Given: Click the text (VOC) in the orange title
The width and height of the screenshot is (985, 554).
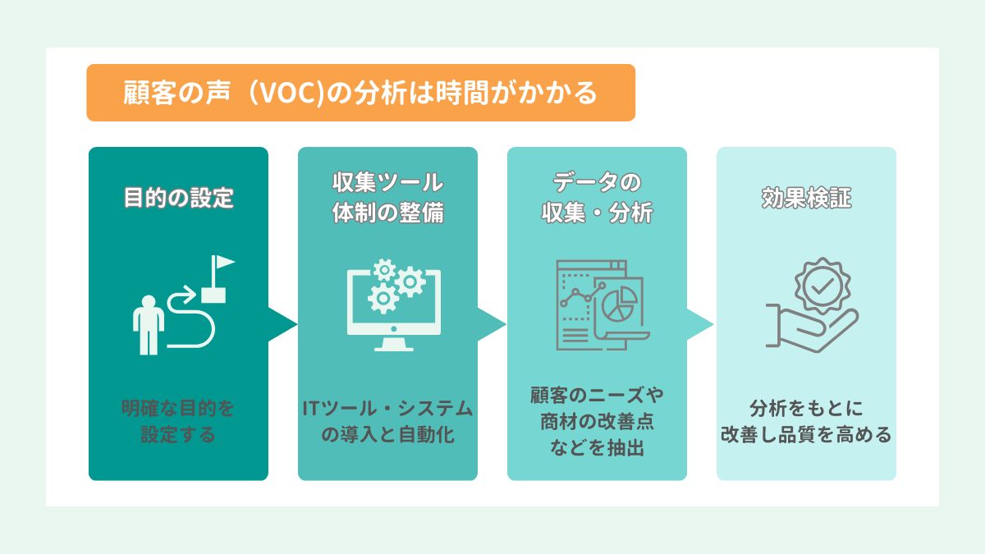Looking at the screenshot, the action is [286, 94].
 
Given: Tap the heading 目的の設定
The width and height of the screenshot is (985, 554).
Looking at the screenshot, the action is [179, 198].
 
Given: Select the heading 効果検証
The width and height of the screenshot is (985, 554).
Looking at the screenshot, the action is [806, 198].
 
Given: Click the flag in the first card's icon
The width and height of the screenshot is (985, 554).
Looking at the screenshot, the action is [223, 262].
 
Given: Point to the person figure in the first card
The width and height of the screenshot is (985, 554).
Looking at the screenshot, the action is [149, 325].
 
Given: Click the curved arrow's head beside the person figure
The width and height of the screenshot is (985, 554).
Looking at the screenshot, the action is [190, 294].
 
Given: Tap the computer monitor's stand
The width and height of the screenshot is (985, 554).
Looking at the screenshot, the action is [393, 344].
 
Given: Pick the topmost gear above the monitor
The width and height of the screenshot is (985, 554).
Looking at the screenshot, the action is [385, 270].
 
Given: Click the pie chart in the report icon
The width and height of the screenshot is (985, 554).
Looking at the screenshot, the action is [619, 304].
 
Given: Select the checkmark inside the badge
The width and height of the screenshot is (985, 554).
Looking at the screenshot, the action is [822, 286].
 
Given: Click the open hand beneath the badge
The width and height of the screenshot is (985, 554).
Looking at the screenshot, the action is [812, 328].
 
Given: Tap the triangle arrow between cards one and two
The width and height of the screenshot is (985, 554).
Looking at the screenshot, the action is [282, 324].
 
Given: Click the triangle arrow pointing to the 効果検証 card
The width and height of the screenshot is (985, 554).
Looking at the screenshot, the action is [700, 324].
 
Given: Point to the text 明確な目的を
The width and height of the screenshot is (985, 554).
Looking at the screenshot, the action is [178, 409].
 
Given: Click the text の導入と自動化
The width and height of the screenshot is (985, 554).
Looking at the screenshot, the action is [387, 434].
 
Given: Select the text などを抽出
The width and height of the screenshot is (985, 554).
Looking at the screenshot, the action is [598, 447].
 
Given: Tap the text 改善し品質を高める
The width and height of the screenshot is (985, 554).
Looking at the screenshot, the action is [806, 434].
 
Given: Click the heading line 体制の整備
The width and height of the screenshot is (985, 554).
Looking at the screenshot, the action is [387, 213].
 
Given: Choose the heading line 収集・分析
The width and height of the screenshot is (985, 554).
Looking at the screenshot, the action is [598, 213].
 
